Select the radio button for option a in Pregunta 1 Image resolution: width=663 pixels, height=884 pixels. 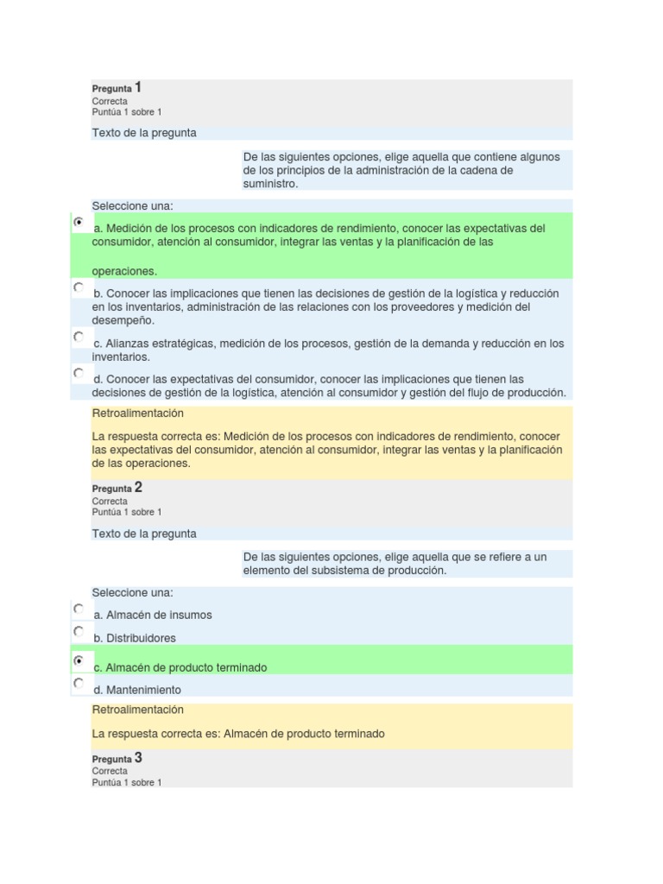tap(79, 223)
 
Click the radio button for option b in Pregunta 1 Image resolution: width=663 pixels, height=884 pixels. tap(79, 287)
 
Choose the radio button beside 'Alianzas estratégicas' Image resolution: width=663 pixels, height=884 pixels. tap(79, 337)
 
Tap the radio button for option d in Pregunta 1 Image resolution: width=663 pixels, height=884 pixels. tap(79, 373)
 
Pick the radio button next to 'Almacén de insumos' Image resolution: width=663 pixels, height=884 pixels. tap(79, 609)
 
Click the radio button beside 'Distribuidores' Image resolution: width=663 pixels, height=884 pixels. tap(79, 632)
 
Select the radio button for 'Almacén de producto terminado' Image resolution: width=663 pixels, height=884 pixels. tap(79, 660)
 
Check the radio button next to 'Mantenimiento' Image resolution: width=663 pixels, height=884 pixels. tap(79, 684)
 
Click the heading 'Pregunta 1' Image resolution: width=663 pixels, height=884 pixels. tap(117, 88)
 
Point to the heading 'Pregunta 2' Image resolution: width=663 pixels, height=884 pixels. tap(117, 488)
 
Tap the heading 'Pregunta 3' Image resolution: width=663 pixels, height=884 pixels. tap(117, 758)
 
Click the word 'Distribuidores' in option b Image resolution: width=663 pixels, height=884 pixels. tap(141, 638)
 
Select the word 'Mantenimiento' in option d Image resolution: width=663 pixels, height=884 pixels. tap(143, 690)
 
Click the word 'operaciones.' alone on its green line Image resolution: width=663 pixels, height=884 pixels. tap(124, 271)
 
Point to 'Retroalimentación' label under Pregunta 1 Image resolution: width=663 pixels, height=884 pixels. tap(137, 413)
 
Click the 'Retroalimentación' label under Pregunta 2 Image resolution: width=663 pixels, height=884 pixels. tap(137, 710)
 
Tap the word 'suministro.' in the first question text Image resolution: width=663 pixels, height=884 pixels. tap(270, 184)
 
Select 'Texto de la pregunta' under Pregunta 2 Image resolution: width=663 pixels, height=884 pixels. tap(143, 534)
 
